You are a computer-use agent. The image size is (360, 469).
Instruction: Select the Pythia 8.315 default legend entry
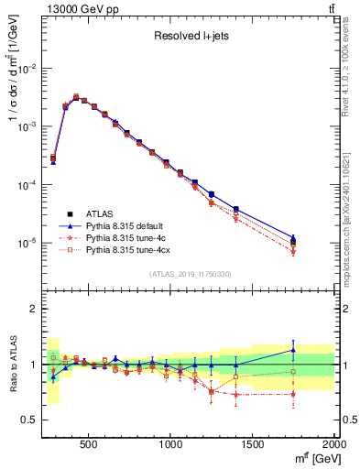[x=126, y=224]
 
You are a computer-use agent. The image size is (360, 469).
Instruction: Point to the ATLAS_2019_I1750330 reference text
[x=191, y=274]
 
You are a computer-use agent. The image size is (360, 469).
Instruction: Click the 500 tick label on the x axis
[x=89, y=444]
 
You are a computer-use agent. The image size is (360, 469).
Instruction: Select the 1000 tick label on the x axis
[x=170, y=444]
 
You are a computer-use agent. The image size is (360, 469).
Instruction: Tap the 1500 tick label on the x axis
[x=253, y=444]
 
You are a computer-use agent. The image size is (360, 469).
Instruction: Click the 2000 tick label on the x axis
[x=333, y=444]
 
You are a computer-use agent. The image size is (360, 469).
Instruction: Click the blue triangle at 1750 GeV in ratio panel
[x=293, y=349]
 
